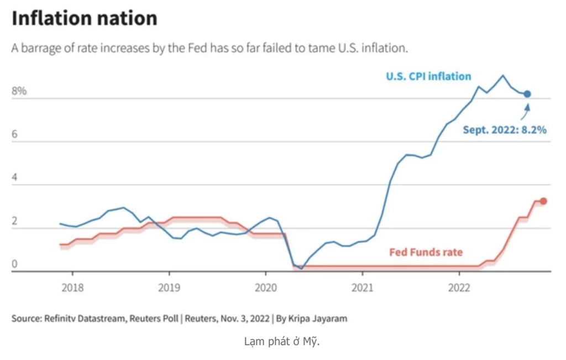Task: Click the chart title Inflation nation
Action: pos(85,18)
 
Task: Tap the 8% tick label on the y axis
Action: pos(19,91)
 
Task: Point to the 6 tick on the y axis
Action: pos(15,134)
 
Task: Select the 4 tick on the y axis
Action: pos(15,178)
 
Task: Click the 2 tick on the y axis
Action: pos(15,221)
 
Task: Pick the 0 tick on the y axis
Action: pos(15,264)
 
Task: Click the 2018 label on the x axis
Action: pos(72,288)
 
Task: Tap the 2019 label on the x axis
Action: pos(169,288)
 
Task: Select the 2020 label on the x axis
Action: pos(265,288)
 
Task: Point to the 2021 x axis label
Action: pos(362,288)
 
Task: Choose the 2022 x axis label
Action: pos(459,288)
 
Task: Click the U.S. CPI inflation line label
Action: pos(428,76)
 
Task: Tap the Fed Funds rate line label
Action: pos(426,252)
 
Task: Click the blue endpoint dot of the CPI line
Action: pos(527,94)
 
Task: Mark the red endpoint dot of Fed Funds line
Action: pos(543,201)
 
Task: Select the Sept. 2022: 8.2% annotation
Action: pos(505,131)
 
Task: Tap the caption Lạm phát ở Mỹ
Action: pos(282,341)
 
